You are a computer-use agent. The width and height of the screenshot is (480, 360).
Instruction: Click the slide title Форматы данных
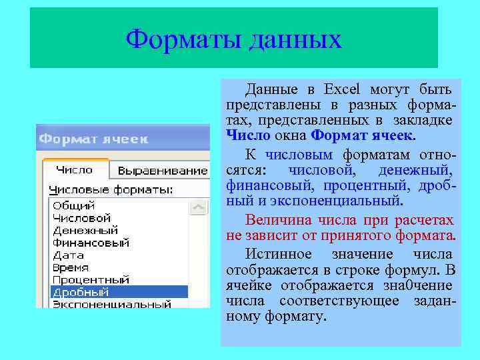[x=233, y=39]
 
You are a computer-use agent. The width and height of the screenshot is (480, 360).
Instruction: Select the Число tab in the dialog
[x=74, y=170]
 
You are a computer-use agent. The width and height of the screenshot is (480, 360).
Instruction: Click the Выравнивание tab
[x=158, y=171]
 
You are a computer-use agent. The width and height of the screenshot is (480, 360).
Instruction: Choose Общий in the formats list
[x=74, y=205]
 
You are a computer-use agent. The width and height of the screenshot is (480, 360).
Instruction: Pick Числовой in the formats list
[x=81, y=218]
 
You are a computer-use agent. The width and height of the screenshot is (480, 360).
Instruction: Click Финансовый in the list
[x=91, y=243]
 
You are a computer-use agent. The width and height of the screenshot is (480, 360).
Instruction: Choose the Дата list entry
[x=68, y=255]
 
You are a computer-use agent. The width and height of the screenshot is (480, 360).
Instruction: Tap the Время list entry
[x=71, y=267]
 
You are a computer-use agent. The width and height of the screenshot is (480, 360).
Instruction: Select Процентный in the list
[x=91, y=280]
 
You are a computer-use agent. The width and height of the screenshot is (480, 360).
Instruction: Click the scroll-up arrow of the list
[x=199, y=208]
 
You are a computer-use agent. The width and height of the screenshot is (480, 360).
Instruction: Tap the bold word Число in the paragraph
[x=248, y=136]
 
